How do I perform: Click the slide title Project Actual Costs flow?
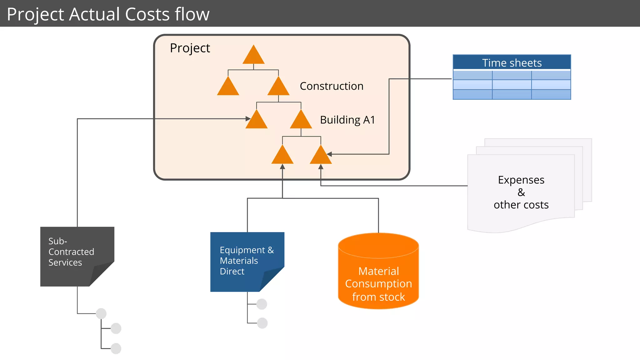[x=108, y=14]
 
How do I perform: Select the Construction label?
[x=331, y=86]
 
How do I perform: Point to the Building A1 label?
[x=347, y=120]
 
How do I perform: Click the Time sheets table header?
[x=512, y=63]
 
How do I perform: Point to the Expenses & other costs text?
[x=521, y=192]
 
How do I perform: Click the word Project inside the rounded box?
[x=190, y=48]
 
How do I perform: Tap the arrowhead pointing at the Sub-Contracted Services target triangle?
[x=248, y=119]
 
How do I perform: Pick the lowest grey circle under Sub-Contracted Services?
[x=116, y=348]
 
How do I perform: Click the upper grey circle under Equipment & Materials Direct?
[x=262, y=304]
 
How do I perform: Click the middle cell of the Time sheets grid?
[x=512, y=84]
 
